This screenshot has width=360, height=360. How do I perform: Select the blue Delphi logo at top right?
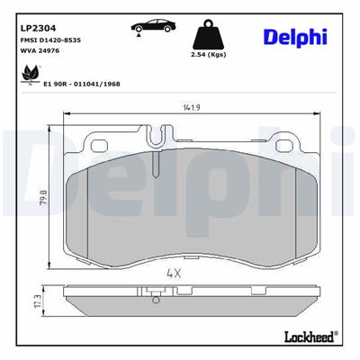pyautogui.click(x=296, y=36)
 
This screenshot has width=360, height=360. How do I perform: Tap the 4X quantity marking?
pyautogui.click(x=174, y=273)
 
